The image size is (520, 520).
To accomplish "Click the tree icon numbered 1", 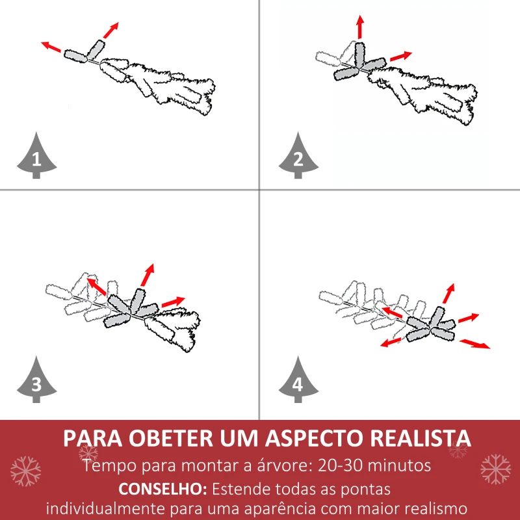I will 36,156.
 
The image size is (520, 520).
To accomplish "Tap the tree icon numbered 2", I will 298,156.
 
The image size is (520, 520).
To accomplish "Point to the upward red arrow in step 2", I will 359,27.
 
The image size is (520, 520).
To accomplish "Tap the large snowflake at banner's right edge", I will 495,469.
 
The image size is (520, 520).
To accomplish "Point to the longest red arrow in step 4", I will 475,344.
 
